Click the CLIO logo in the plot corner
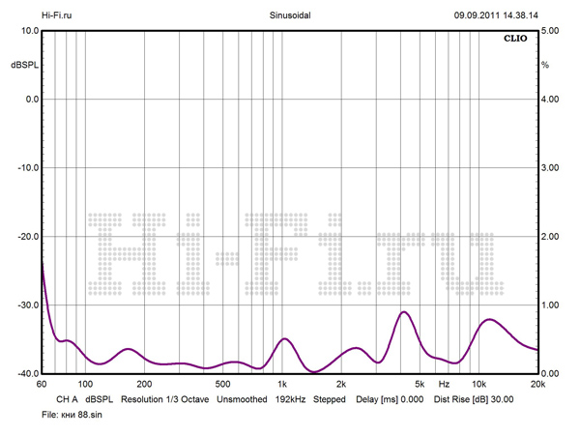click(513, 40)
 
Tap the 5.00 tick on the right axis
click(550, 31)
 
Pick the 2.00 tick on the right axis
click(550, 237)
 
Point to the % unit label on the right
click(545, 65)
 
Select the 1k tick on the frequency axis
click(282, 385)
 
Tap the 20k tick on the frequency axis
click(536, 385)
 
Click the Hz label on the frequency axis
click(444, 385)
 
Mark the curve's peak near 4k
click(404, 312)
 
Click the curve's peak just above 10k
click(491, 319)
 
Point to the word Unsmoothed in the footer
click(242, 398)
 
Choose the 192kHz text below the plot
click(291, 398)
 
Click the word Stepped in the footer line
click(331, 398)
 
